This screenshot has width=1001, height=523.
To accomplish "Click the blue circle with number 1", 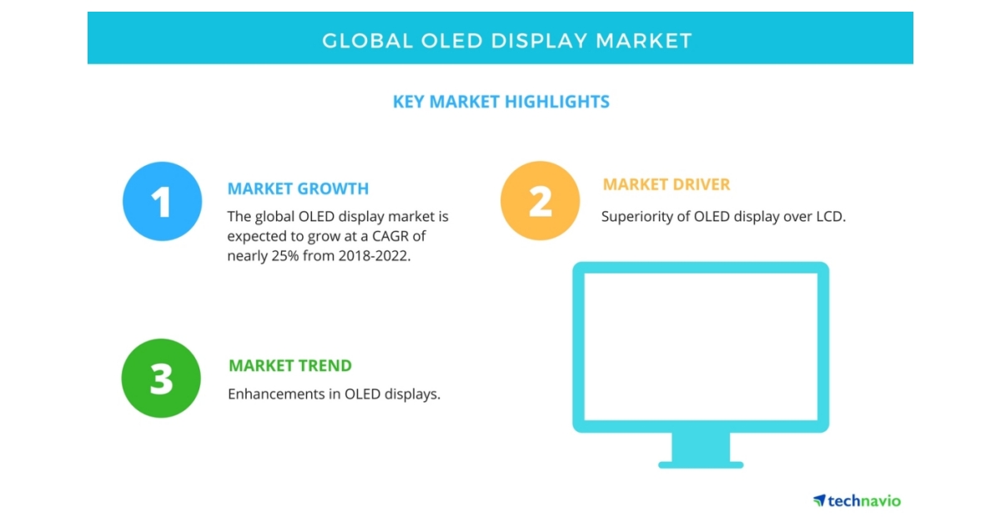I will point(162,201).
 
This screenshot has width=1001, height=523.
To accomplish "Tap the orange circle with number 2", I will point(540,200).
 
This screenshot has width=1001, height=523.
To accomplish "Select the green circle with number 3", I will point(161,378).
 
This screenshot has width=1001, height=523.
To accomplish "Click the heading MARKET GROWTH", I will point(298,189).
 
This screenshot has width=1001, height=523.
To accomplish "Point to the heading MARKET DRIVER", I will point(666,184).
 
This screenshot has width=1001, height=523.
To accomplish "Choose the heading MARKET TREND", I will point(289,365).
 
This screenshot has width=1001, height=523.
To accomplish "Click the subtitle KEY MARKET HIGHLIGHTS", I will point(500,102).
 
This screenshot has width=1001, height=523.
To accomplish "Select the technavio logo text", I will point(863,500).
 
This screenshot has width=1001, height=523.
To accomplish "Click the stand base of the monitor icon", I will point(701,463).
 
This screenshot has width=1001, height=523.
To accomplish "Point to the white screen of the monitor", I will point(701,346).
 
